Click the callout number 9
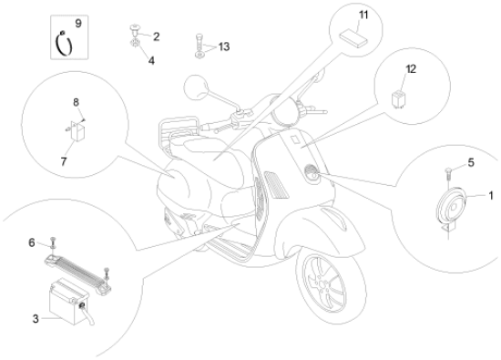click(78, 24)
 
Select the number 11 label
click(363, 15)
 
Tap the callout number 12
click(411, 69)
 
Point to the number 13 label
click(224, 46)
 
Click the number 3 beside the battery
click(36, 318)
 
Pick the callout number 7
click(64, 161)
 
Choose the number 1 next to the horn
click(491, 195)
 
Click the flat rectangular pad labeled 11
click(353, 38)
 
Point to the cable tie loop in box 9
click(64, 44)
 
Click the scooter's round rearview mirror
click(196, 87)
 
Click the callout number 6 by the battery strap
click(32, 242)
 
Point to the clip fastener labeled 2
click(135, 30)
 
